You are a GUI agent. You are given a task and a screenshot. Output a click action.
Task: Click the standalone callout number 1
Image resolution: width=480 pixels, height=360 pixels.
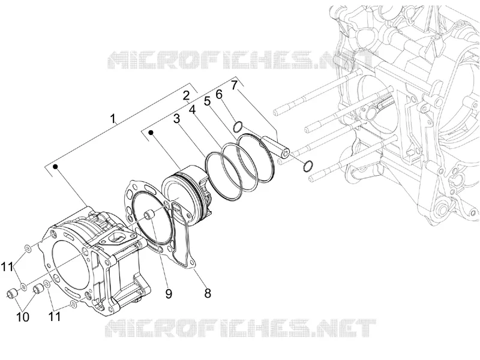tap(113, 118)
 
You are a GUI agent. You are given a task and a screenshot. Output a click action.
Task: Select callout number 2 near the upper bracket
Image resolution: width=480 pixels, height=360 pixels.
tap(186, 96)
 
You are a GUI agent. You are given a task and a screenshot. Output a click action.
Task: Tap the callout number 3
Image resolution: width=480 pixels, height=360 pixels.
tap(176, 119)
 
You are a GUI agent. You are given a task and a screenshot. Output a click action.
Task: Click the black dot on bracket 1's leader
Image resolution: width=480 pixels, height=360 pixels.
tap(56, 166)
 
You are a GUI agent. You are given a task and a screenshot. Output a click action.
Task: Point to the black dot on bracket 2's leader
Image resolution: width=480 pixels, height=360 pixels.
tap(151, 132)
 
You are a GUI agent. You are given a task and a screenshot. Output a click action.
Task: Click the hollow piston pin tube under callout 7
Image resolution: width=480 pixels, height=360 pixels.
tap(275, 147)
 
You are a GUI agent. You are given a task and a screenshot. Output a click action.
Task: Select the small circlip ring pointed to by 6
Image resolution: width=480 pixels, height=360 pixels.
tap(238, 127)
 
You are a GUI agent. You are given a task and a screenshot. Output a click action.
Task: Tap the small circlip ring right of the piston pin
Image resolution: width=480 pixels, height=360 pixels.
tap(308, 166)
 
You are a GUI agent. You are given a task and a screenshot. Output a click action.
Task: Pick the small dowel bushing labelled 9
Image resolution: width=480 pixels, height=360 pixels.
tap(148, 214)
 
